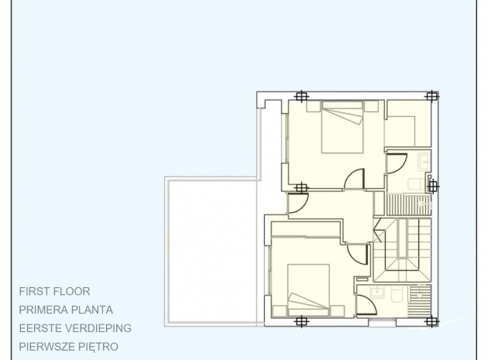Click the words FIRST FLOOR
(54, 292)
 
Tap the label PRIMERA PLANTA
(66, 310)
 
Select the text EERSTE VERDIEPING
(75, 328)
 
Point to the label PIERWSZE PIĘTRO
(68, 347)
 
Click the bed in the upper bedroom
(342, 127)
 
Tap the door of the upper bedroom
(355, 179)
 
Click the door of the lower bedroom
(358, 254)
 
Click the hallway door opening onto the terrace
(298, 203)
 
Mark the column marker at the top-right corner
(431, 96)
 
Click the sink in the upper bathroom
(424, 162)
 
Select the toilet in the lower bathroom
(397, 294)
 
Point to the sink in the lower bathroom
(377, 292)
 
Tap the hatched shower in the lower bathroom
(419, 300)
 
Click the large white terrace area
(212, 252)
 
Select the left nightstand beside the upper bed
(314, 106)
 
